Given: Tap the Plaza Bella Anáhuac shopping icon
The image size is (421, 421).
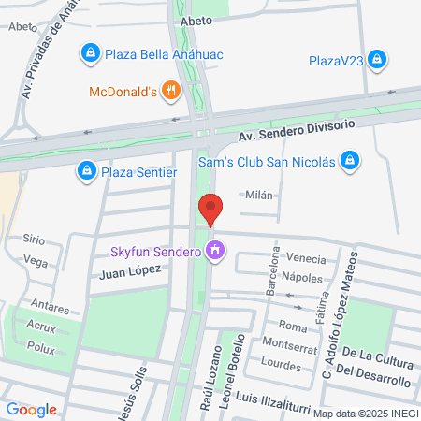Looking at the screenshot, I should click(x=90, y=53).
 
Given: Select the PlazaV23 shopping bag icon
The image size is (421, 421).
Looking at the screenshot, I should click(x=377, y=61).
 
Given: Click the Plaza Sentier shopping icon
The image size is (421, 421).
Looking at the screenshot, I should click(x=86, y=170).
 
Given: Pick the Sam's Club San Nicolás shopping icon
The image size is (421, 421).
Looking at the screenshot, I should click(x=349, y=160).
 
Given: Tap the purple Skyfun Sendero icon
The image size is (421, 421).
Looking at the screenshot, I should click(x=216, y=250).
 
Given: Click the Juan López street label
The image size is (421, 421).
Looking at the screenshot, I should click(x=130, y=269).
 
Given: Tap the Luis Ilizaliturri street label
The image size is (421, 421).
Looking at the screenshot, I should click(x=273, y=399).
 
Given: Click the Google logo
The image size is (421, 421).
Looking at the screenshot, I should click(x=31, y=409).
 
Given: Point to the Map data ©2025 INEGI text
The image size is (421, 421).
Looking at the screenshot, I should click(x=365, y=414).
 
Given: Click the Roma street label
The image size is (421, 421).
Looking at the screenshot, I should click(x=293, y=327).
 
